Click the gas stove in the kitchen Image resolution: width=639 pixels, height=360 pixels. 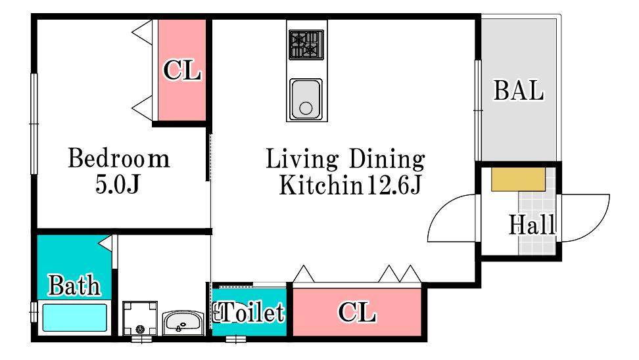pos(306,45)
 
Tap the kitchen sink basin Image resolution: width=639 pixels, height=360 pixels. pos(306,99)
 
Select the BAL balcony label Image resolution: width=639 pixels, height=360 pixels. pos(519,91)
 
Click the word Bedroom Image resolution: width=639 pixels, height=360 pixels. pos(118,158)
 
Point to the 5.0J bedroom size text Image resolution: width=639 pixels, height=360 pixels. pos(118,184)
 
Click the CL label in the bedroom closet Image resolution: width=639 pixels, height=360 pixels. pos(182,70)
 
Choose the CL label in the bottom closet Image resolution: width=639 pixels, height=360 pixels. pos(357,312)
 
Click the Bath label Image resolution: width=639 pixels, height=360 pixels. pos(74,285)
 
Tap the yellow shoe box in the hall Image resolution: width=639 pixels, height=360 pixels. pos(519,179)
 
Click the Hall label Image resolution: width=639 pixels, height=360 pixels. pos(532,225)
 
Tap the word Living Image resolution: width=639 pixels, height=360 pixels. pos(302,159)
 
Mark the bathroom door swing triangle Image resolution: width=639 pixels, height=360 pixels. pos(106,242)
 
